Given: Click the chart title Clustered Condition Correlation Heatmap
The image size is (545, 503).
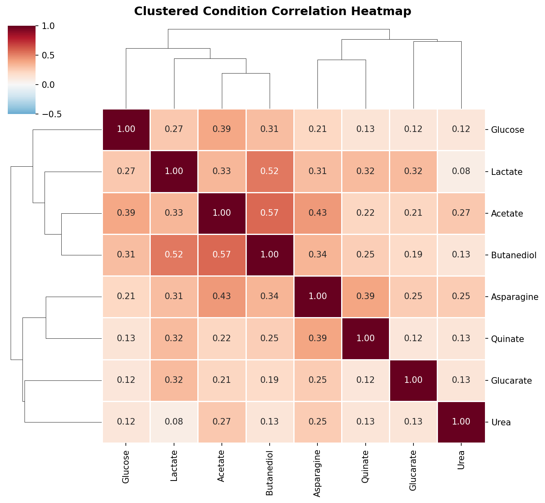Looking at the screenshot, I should click(272, 11).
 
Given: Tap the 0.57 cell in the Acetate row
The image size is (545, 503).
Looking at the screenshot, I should click(270, 213).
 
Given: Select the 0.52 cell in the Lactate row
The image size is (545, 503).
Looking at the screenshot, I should click(270, 171).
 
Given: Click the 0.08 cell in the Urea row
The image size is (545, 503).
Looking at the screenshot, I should click(174, 422).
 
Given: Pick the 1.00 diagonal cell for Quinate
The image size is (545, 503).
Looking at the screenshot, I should click(366, 338).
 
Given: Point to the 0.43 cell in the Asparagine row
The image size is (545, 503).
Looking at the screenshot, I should click(222, 297).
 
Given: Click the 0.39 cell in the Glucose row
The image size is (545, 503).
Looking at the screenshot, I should click(222, 130).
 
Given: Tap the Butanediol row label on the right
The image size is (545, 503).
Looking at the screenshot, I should click(513, 255).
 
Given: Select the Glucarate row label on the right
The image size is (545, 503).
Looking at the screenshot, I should click(511, 381).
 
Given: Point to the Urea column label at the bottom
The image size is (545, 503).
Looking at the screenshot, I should click(461, 460).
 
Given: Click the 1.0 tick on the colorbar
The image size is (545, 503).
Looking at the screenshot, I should click(48, 26).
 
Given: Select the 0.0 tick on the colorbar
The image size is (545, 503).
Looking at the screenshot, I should click(48, 85).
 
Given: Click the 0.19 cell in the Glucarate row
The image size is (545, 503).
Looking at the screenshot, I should click(270, 380).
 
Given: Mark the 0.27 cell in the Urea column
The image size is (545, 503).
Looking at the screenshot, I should click(461, 213).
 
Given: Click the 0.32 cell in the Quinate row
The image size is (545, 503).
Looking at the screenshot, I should click(174, 338).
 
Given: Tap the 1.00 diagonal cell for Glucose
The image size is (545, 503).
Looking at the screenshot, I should click(126, 130).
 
